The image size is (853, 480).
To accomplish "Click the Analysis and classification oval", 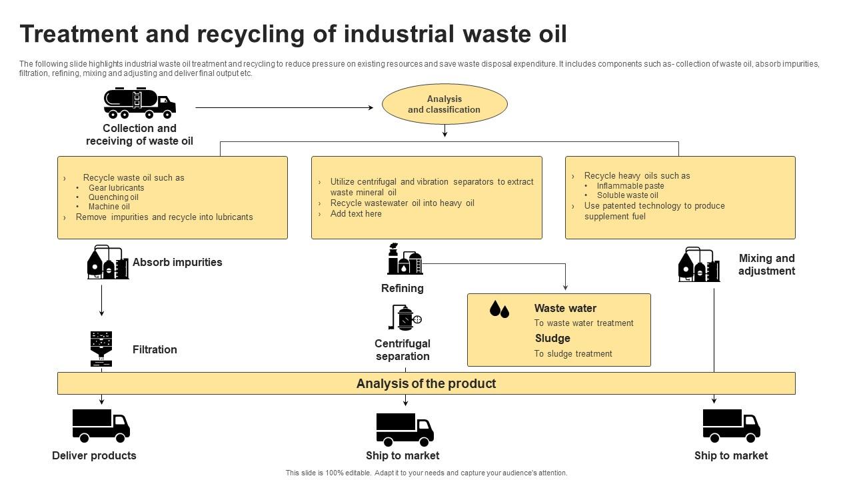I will click(444, 104).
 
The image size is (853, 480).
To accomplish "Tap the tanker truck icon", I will click(139, 103).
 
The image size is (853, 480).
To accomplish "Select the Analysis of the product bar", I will click(426, 383).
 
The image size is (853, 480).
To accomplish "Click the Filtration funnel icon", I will click(101, 349).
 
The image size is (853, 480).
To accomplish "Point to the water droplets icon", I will click(499, 309).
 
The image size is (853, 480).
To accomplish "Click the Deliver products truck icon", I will click(101, 426).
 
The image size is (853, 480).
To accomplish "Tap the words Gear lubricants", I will click(116, 188).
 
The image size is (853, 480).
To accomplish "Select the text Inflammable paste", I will click(630, 186).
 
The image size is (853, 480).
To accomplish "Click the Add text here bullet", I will click(356, 214).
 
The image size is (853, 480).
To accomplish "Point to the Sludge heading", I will click(552, 339).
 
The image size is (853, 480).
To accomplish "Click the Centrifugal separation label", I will click(403, 350).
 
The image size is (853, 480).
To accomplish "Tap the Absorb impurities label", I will click(177, 263).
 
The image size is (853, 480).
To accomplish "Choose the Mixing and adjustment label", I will click(766, 265).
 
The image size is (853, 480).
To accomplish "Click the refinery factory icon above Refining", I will click(405, 259).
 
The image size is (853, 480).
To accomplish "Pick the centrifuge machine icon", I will click(405, 318).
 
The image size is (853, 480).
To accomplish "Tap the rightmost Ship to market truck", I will click(731, 426).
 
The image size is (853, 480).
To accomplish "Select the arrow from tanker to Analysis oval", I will click(284, 107).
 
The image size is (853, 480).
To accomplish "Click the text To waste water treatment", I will click(584, 323).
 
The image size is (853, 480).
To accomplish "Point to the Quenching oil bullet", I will click(113, 197).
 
